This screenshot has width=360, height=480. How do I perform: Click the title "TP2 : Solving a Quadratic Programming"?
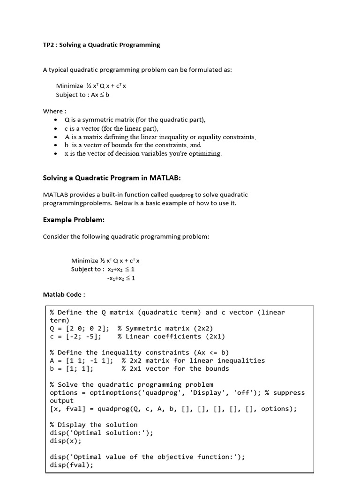[101, 45]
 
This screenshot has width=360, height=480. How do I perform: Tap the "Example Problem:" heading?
[74, 219]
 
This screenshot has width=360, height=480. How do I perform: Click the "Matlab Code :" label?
[64, 294]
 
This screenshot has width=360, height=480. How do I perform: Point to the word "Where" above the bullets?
[53, 111]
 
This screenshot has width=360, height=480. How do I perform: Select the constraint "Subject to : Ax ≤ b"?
[82, 94]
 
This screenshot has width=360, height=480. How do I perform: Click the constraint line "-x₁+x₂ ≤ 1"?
[121, 278]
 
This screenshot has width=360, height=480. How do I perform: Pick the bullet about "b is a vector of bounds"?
[133, 145]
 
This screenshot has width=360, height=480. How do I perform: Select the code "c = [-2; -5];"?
[75, 337]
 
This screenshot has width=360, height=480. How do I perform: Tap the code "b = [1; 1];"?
[72, 368]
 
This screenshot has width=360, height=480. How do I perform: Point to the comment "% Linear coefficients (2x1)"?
[171, 337]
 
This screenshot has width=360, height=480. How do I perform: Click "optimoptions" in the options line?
[106, 392]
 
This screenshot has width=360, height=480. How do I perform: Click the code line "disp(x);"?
[66, 441]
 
